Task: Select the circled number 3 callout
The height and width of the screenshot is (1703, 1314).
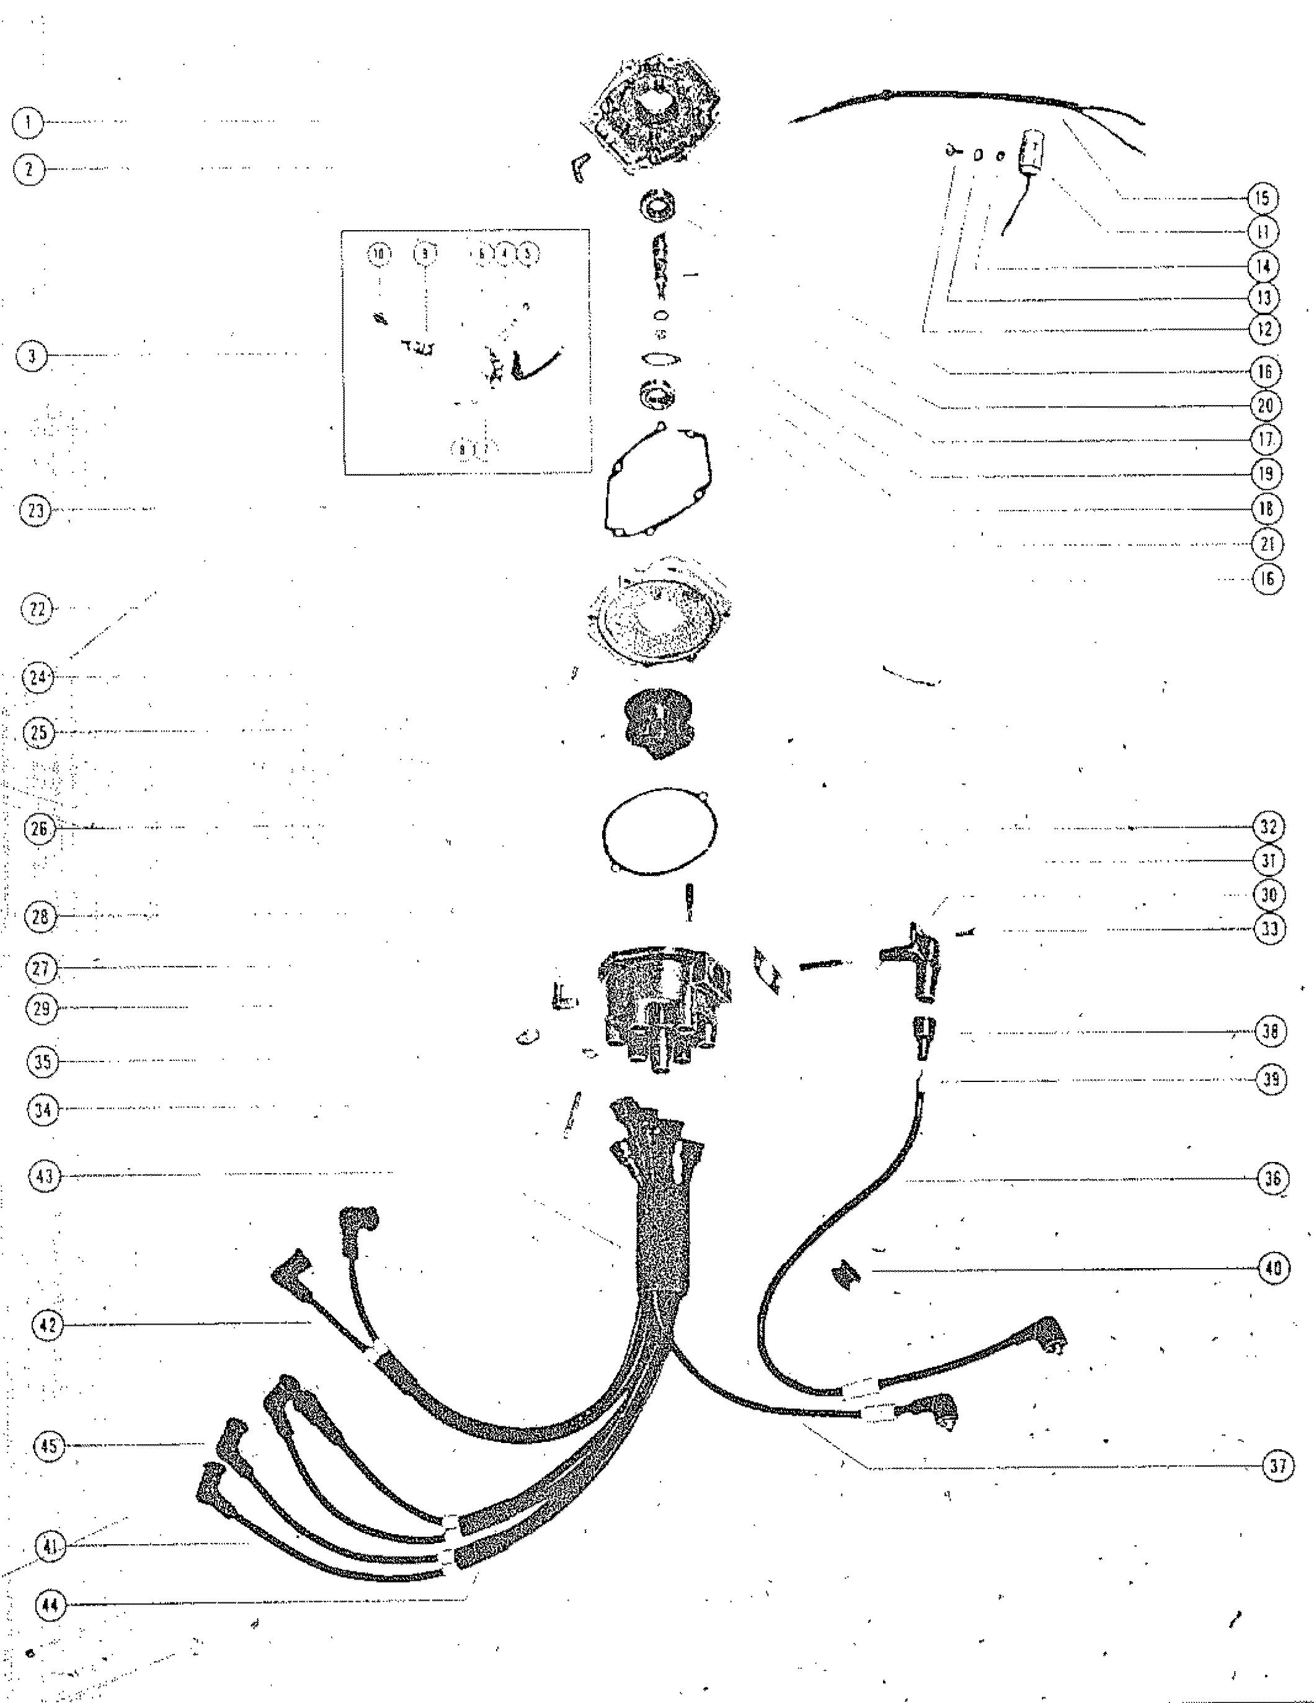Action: (31, 357)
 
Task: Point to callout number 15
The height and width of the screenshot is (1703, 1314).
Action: (1263, 198)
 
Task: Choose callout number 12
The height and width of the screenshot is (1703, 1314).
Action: (1264, 329)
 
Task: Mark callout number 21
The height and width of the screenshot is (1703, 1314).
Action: (1266, 543)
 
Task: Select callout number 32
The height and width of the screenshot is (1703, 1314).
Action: (1268, 826)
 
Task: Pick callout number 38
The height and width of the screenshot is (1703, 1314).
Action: (1271, 1032)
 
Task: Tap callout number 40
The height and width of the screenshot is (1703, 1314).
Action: (1272, 1269)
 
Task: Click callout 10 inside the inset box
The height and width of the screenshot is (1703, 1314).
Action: (378, 253)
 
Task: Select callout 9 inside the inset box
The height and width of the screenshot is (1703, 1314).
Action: (425, 253)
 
